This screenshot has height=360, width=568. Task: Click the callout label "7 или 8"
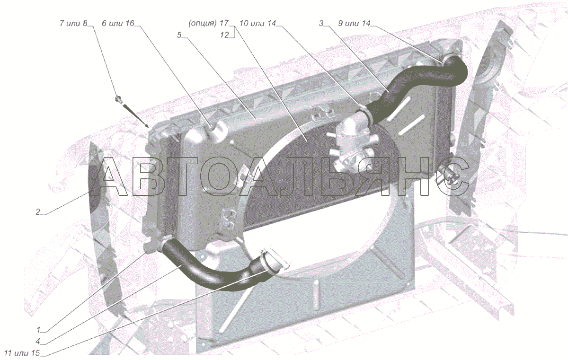point(73,24)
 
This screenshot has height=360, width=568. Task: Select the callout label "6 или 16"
point(118,24)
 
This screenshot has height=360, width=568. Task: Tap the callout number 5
point(179,35)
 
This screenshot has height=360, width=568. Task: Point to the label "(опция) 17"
point(208,24)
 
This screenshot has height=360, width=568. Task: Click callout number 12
point(224,35)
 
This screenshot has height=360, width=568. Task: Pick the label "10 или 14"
point(257,24)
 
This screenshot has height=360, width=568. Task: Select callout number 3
point(321,24)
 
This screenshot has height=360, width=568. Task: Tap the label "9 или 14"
point(354,24)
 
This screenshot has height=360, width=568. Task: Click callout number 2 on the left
point(38,212)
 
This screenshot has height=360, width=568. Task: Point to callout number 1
point(38,330)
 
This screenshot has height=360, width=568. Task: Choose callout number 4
point(38,342)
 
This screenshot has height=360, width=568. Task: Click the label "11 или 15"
point(22,353)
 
